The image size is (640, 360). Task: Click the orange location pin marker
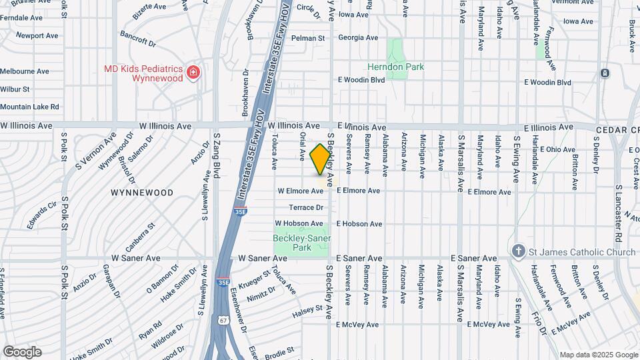pos(321,159)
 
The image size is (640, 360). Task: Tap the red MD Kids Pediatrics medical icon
pos(193,71)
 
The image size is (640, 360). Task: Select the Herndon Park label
pos(395,67)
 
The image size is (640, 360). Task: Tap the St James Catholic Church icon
pos(519,251)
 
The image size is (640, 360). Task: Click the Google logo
pos(22,351)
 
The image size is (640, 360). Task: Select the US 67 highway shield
pos(223,321)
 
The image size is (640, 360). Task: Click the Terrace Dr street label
pos(306,207)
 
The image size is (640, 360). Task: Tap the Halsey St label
pos(309,311)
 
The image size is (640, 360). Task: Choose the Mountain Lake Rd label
pos(29,107)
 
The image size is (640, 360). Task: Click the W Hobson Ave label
pos(299,223)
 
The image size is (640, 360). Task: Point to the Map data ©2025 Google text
pos(598,354)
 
